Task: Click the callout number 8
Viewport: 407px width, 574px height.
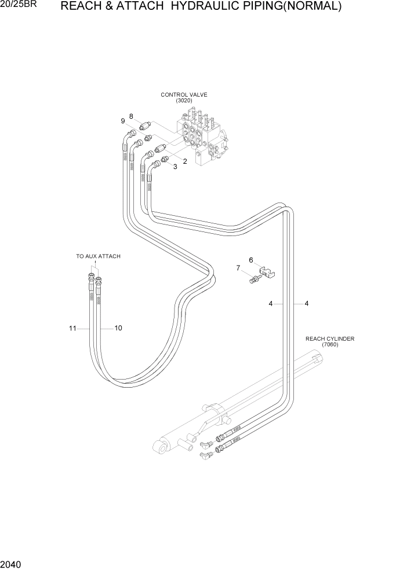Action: pyautogui.click(x=132, y=116)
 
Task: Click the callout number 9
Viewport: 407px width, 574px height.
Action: pyautogui.click(x=123, y=121)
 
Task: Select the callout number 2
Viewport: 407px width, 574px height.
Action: pyautogui.click(x=185, y=161)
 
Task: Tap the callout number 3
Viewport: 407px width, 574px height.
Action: pyautogui.click(x=175, y=167)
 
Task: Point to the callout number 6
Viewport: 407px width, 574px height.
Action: pyautogui.click(x=251, y=260)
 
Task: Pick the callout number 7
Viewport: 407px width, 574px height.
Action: pyautogui.click(x=238, y=268)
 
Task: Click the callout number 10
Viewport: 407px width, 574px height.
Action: pyautogui.click(x=118, y=328)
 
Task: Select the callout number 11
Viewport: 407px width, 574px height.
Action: pyautogui.click(x=72, y=328)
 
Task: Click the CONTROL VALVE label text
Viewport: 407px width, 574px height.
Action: pyautogui.click(x=184, y=94)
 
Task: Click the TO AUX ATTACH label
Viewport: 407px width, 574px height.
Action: pyautogui.click(x=99, y=256)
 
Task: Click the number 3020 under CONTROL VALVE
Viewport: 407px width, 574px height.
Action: pyautogui.click(x=184, y=101)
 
